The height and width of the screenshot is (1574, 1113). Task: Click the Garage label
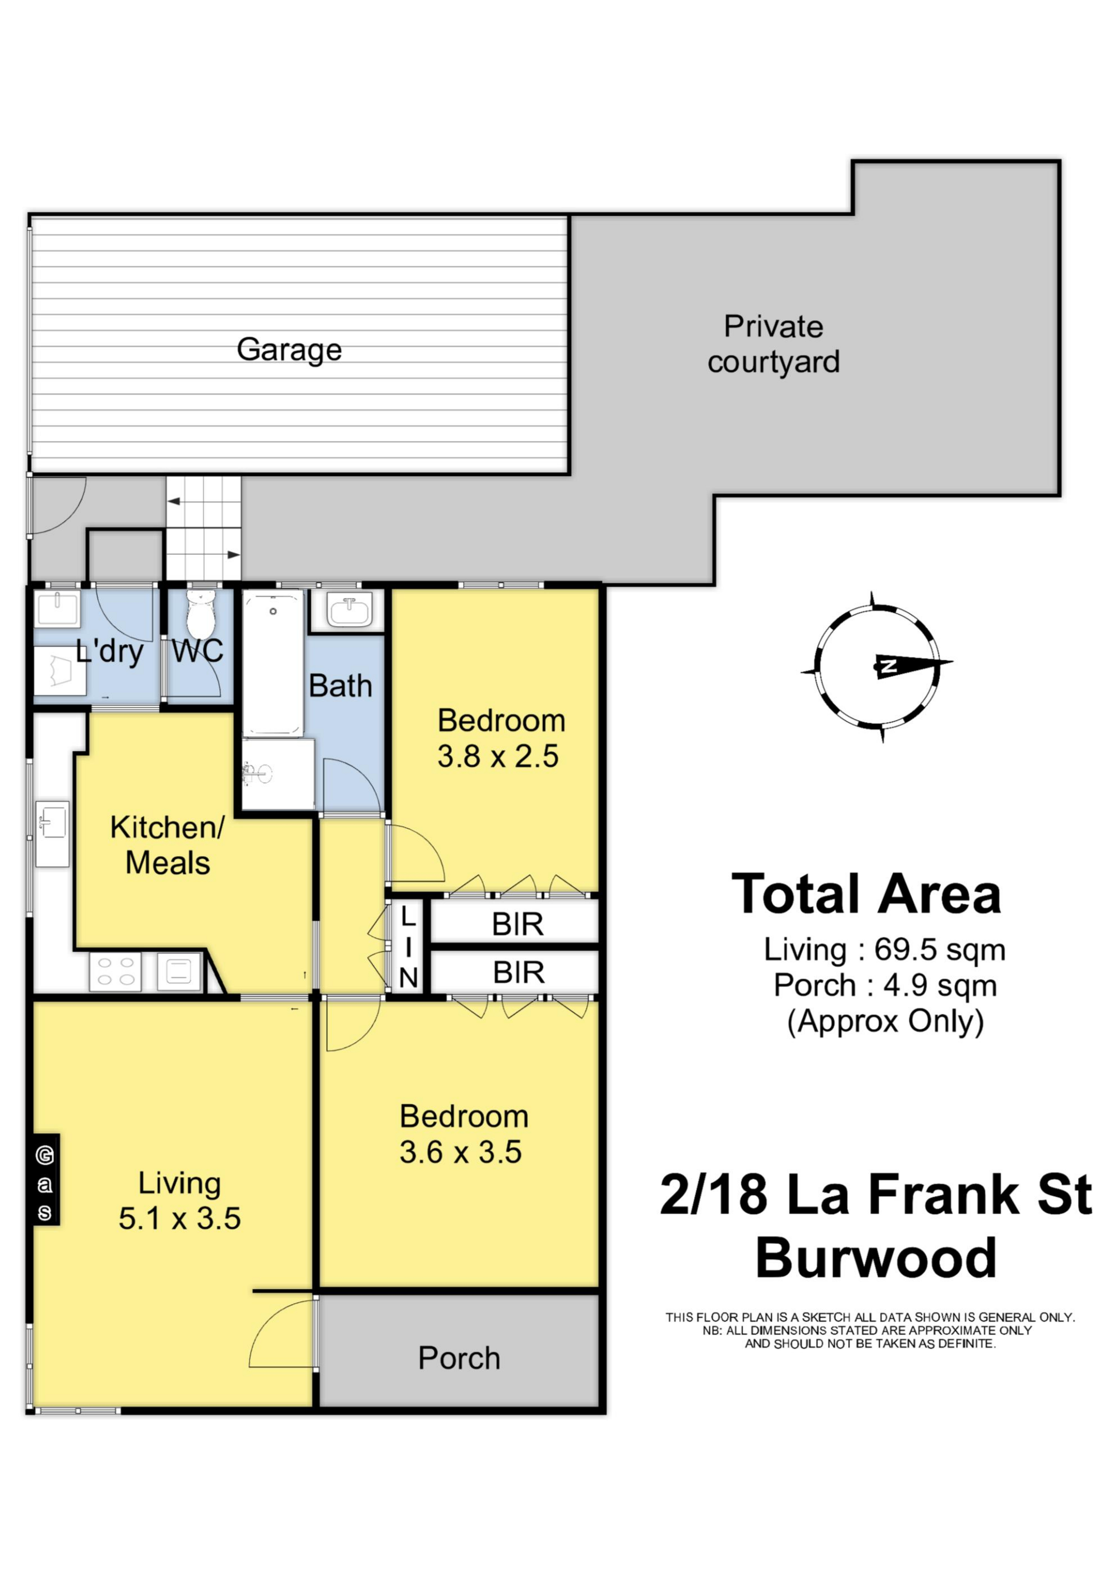pyautogui.click(x=289, y=350)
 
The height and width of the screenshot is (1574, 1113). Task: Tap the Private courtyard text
pyautogui.click(x=774, y=344)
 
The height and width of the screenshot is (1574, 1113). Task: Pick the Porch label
pyautogui.click(x=459, y=1358)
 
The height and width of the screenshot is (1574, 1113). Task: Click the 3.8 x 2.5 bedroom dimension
pyautogui.click(x=498, y=756)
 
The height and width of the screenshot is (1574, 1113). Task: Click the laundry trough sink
pyautogui.click(x=57, y=608)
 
